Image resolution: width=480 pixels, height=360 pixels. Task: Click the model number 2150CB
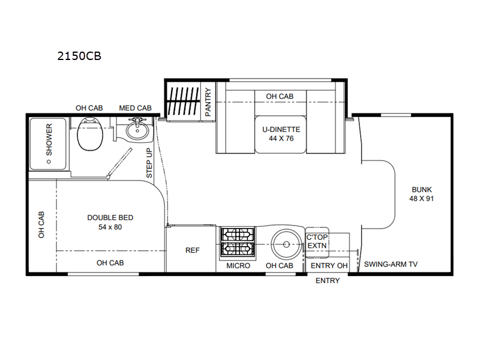point(79,56)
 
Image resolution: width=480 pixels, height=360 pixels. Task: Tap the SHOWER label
point(49,140)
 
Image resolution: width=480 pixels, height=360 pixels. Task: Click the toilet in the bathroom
point(89,134)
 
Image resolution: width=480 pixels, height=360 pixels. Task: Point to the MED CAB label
point(136,108)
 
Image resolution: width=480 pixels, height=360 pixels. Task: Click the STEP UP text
point(149,163)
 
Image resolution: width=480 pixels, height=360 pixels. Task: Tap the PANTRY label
point(208,102)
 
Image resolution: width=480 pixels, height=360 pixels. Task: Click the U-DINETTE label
point(281,130)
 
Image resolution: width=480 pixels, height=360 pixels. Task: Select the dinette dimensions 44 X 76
point(281,139)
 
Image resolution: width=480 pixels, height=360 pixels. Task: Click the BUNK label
point(422,190)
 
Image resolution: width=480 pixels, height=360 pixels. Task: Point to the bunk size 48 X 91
point(422,199)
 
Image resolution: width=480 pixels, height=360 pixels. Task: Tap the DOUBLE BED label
point(110,218)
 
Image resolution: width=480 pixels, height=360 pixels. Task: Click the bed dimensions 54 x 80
point(110,227)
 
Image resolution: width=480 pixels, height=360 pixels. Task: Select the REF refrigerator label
point(193,250)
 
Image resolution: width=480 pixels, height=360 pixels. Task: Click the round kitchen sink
point(287,244)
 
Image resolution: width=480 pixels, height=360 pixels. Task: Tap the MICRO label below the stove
point(238,266)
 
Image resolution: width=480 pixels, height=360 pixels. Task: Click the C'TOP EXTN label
point(317,242)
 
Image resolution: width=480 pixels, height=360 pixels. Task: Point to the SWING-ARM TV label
point(391,264)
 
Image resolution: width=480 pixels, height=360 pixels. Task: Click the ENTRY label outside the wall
point(328,281)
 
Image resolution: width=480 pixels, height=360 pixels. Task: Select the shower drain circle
point(49,161)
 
